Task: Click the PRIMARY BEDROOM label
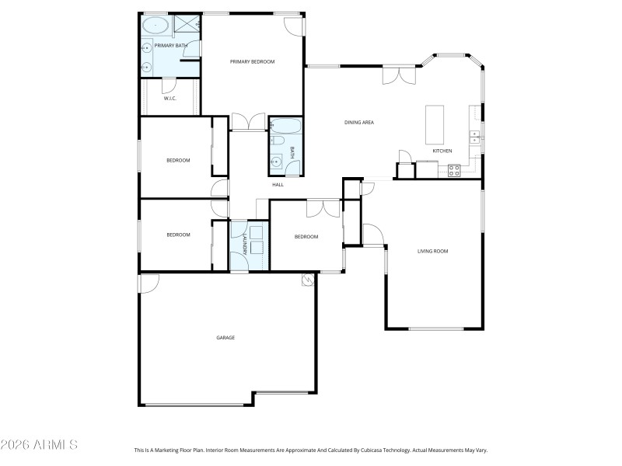252,61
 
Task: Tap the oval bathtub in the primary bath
155,25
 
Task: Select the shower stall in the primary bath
187,25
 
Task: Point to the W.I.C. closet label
169,99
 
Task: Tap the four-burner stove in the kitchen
455,170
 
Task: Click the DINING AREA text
360,122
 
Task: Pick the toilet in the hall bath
278,141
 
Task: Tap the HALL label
278,184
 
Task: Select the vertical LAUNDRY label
244,245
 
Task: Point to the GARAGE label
225,338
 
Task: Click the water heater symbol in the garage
307,280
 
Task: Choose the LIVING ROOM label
432,251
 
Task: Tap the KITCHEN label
442,151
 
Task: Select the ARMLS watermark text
39,445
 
